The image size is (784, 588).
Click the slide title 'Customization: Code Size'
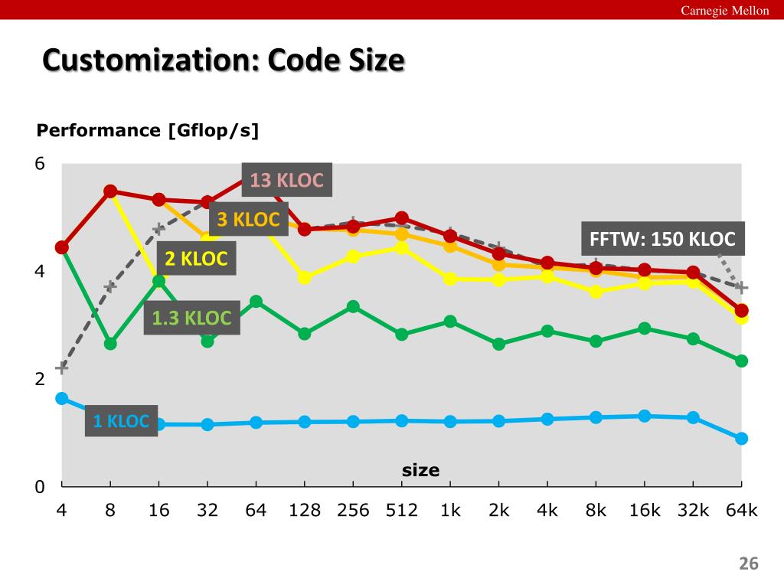(x=223, y=60)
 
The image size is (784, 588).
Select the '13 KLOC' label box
(x=287, y=181)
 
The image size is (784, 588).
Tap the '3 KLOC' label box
(x=249, y=220)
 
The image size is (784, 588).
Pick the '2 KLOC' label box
(x=197, y=259)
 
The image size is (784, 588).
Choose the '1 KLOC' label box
(x=121, y=420)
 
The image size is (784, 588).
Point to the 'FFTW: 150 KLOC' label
(x=662, y=239)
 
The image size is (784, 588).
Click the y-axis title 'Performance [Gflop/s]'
(x=148, y=131)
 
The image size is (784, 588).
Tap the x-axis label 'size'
(x=421, y=470)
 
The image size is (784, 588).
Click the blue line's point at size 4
(x=62, y=398)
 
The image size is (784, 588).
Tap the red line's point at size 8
(x=110, y=191)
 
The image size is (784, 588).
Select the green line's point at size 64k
(x=741, y=361)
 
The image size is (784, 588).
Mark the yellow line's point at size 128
(x=305, y=277)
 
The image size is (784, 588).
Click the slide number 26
(x=748, y=564)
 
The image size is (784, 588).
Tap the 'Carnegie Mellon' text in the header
(x=725, y=10)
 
